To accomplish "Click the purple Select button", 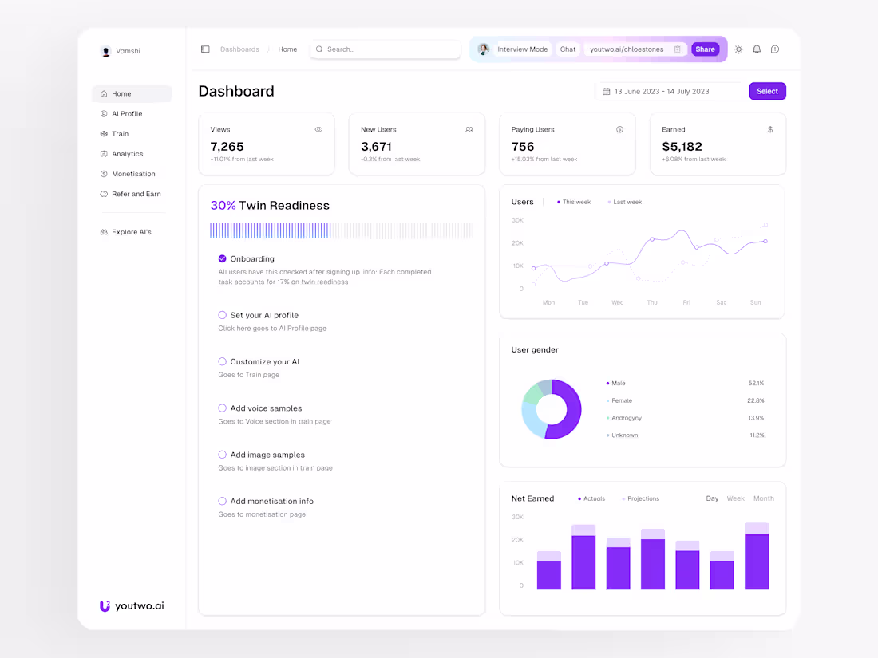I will (x=767, y=91).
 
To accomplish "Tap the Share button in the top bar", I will (x=705, y=49).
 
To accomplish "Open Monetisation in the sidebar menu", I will (x=132, y=174).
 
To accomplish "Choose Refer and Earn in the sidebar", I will (x=136, y=194).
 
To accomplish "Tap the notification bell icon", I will (x=757, y=49).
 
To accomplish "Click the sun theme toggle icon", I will (x=739, y=49).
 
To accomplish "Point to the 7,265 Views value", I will (x=227, y=147).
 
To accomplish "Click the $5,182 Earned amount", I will (x=682, y=147).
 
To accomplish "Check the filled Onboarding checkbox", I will (x=223, y=258).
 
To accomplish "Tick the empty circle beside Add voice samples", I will (x=223, y=408).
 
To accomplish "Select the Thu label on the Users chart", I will (x=652, y=303).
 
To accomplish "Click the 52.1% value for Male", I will (x=756, y=384).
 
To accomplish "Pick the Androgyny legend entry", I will (x=627, y=418).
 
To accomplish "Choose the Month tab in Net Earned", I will (x=764, y=498).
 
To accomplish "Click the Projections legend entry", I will (x=643, y=499).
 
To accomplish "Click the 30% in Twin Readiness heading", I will (x=223, y=206).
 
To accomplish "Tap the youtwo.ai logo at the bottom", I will (x=132, y=606).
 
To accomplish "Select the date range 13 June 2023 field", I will (x=662, y=92).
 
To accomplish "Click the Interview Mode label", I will (x=522, y=49).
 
